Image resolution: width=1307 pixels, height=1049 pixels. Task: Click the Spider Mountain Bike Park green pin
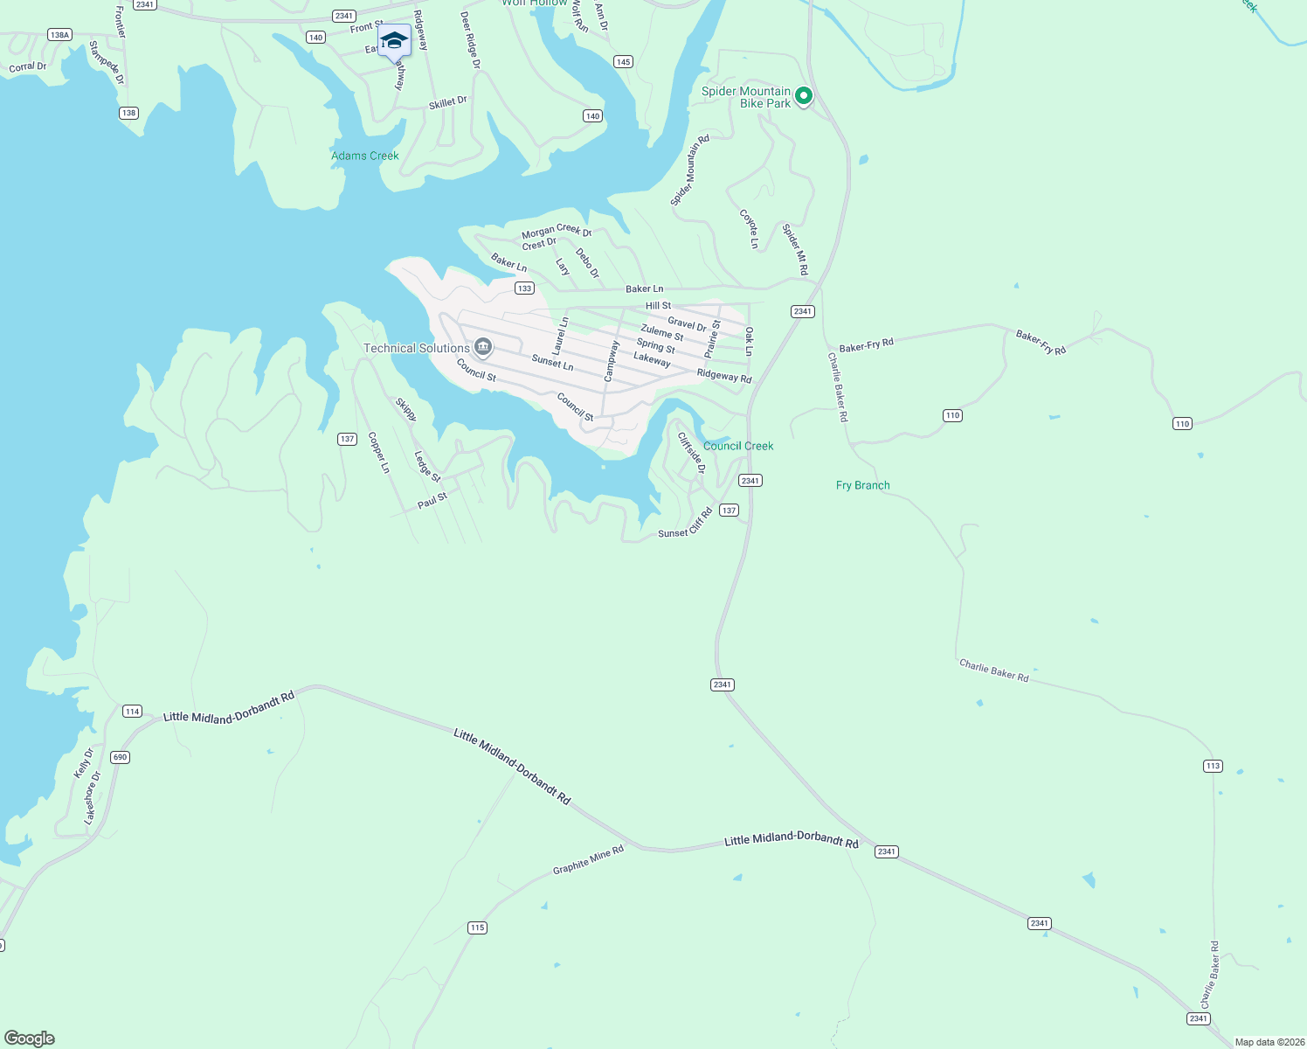[804, 95]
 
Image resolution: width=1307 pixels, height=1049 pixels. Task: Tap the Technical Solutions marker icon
[483, 348]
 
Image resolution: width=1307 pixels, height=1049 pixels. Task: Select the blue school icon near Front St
[394, 40]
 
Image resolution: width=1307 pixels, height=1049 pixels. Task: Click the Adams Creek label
[364, 156]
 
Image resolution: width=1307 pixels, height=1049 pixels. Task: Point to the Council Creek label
[738, 446]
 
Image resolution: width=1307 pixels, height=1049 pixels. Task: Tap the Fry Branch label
[862, 485]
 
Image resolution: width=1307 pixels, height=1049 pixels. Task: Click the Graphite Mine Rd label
[588, 859]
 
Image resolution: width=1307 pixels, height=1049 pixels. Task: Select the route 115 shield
[477, 927]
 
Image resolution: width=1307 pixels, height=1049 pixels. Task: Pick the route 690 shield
[120, 757]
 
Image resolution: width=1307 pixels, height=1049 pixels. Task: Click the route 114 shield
[132, 711]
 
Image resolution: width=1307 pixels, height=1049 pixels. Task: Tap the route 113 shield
[1213, 766]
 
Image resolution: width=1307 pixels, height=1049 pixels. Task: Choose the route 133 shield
[524, 288]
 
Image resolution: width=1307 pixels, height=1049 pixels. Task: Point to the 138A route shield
[59, 35]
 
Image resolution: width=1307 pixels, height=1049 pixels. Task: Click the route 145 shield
[623, 61]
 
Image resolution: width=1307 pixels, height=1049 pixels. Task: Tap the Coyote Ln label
[749, 228]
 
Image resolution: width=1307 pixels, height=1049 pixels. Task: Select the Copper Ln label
[378, 452]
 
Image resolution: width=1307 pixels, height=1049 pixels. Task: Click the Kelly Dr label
[84, 763]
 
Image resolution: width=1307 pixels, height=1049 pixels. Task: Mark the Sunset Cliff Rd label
[685, 524]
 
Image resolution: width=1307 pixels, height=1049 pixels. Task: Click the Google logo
[30, 1039]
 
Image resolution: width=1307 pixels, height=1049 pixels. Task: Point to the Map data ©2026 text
[1269, 1042]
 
